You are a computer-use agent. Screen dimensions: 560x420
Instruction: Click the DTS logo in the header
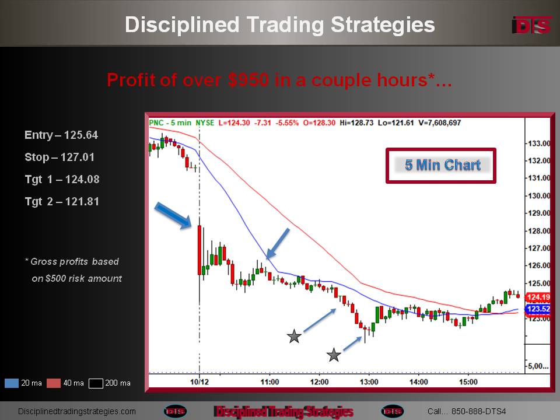pos(531,25)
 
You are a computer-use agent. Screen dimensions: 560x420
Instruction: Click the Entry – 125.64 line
pos(61,135)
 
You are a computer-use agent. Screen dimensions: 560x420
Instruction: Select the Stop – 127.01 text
pos(60,157)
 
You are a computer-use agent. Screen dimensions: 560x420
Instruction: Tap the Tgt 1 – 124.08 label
pos(62,179)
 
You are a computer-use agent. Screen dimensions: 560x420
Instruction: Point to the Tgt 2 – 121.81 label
pos(62,201)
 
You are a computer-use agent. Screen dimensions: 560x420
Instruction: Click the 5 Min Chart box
pos(441,165)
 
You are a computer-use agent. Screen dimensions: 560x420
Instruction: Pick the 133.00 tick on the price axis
pos(538,143)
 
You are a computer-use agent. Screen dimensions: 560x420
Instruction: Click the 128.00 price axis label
pos(538,231)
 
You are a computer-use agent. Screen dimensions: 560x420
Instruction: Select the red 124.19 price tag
pos(538,297)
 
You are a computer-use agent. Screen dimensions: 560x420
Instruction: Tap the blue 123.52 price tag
pos(538,309)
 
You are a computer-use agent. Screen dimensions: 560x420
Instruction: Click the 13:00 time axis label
pos(369,382)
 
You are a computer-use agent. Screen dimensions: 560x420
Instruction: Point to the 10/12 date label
pos(199,382)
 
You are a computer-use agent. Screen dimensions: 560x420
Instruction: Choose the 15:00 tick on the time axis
pos(468,382)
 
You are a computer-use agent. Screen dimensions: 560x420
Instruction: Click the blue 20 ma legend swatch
pos(12,383)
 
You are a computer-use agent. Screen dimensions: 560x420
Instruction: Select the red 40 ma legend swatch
pos(54,383)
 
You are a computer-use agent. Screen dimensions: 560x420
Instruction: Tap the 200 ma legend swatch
pos(96,383)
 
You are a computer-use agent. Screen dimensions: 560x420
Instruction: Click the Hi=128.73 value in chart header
pos(356,123)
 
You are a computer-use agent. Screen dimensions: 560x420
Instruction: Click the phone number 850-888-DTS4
pos(478,411)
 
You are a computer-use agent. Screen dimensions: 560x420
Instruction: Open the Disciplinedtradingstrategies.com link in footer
pos(77,411)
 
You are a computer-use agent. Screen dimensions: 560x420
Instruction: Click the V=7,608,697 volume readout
pos(440,123)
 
